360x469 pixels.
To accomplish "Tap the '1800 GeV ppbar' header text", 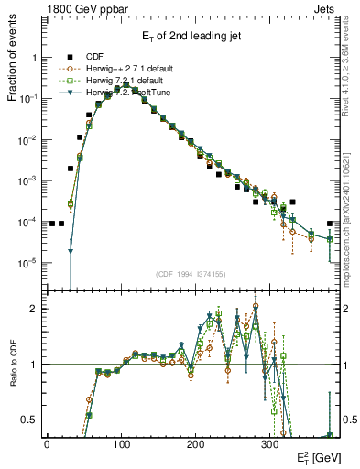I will pyautogui.click(x=81, y=8).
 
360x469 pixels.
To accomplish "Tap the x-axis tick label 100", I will pyautogui.click(x=121, y=442).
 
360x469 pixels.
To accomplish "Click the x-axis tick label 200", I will pyautogui.click(x=195, y=442).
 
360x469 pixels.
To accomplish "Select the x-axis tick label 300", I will pyautogui.click(x=269, y=442).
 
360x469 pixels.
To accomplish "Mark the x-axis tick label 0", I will pyautogui.click(x=47, y=442).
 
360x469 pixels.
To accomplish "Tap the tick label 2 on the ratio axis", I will pyautogui.click(x=35, y=309).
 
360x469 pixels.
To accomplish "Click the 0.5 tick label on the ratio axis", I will pyautogui.click(x=30, y=420).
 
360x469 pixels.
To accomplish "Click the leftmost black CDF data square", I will pyautogui.click(x=52, y=224).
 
